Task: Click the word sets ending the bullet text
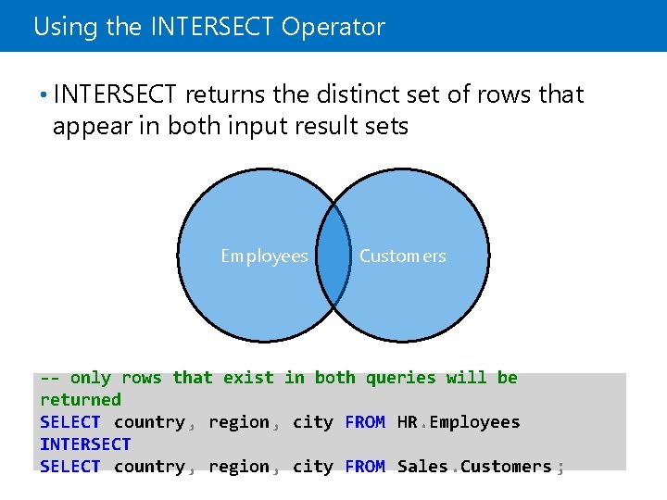[x=384, y=127]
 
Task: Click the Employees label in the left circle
[x=264, y=256]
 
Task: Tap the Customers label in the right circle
[x=402, y=256]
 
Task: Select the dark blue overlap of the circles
[x=333, y=256]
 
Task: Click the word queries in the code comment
[x=401, y=378]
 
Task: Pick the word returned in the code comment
[x=81, y=400]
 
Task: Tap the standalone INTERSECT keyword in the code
[x=85, y=444]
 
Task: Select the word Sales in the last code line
[x=422, y=467]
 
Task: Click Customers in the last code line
[x=506, y=467]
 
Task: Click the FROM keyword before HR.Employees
[x=365, y=422]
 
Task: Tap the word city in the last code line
[x=312, y=467]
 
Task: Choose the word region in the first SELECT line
[x=238, y=422]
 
